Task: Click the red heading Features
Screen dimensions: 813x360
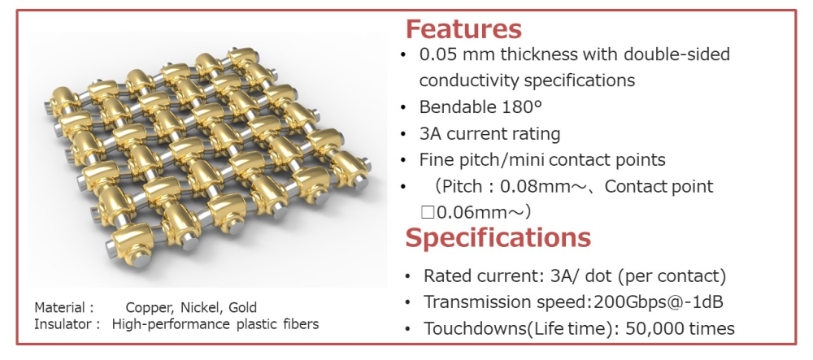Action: [463, 29]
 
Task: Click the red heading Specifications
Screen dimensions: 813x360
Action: [498, 238]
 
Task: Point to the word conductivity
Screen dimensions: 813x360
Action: [469, 80]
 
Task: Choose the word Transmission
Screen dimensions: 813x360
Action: [470, 302]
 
